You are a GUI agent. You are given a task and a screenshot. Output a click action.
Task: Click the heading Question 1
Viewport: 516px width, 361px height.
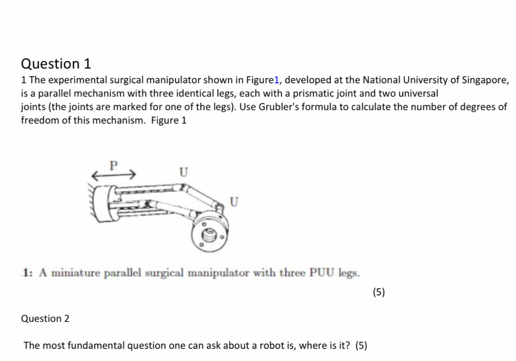coord(56,64)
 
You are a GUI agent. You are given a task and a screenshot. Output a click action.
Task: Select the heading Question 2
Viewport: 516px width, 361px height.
coord(45,319)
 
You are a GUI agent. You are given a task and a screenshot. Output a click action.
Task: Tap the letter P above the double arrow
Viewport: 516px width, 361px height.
coord(113,164)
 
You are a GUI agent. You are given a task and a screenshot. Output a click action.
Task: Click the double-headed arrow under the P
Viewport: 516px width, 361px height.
coord(113,175)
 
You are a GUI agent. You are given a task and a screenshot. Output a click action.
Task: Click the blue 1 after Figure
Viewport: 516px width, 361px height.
coord(275,80)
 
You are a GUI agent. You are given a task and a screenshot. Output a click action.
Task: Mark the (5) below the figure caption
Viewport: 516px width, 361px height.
coord(378,292)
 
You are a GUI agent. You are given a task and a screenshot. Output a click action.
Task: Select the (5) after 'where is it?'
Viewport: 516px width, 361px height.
coord(361,346)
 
